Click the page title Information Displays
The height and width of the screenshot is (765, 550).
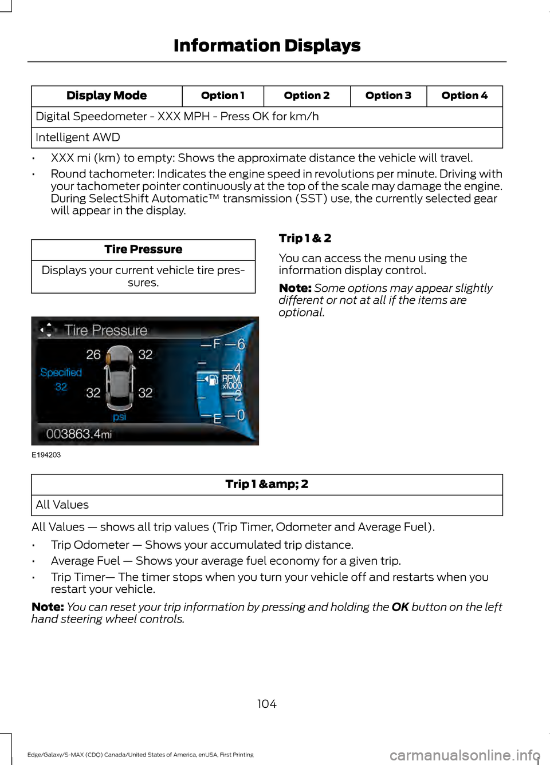coord(267,45)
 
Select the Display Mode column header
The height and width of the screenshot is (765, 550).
coord(107,96)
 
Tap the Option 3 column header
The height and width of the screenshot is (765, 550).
coord(388,96)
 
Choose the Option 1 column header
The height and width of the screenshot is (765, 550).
coord(222,96)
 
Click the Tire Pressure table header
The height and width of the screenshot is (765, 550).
coord(143,249)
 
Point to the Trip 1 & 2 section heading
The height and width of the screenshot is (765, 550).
coord(305,238)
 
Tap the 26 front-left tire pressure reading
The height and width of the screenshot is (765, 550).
coord(93,355)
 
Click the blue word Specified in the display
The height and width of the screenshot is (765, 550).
coord(61,372)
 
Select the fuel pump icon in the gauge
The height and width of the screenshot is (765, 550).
coord(211,379)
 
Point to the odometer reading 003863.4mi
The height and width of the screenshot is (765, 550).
coord(78,434)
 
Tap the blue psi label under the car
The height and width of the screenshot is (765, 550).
coord(120,417)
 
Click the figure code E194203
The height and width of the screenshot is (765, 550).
coord(46,455)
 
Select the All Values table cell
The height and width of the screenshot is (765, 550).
coord(62,505)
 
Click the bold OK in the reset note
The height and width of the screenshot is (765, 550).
coord(400,607)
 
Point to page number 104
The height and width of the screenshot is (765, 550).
coord(267,704)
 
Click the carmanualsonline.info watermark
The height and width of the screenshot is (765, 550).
coord(465,755)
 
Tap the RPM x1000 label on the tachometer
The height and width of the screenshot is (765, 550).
coord(232,382)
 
